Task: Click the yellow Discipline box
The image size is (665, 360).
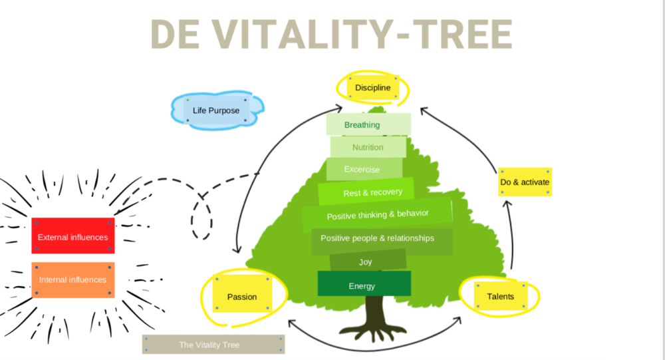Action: tap(372, 88)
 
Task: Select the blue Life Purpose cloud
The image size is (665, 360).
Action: tap(215, 110)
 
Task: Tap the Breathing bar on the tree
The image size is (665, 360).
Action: tap(368, 124)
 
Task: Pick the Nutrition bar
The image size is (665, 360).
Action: tap(368, 147)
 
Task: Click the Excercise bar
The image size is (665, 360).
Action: tap(364, 169)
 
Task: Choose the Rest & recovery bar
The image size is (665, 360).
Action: tap(366, 192)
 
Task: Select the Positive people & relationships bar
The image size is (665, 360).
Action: tap(382, 238)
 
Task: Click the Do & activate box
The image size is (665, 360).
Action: tap(525, 182)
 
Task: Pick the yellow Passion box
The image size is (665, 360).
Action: tap(242, 296)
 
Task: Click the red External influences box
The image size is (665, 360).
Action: tap(73, 236)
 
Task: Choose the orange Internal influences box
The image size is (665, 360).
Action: tap(73, 279)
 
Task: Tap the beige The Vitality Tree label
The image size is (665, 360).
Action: tap(213, 344)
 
